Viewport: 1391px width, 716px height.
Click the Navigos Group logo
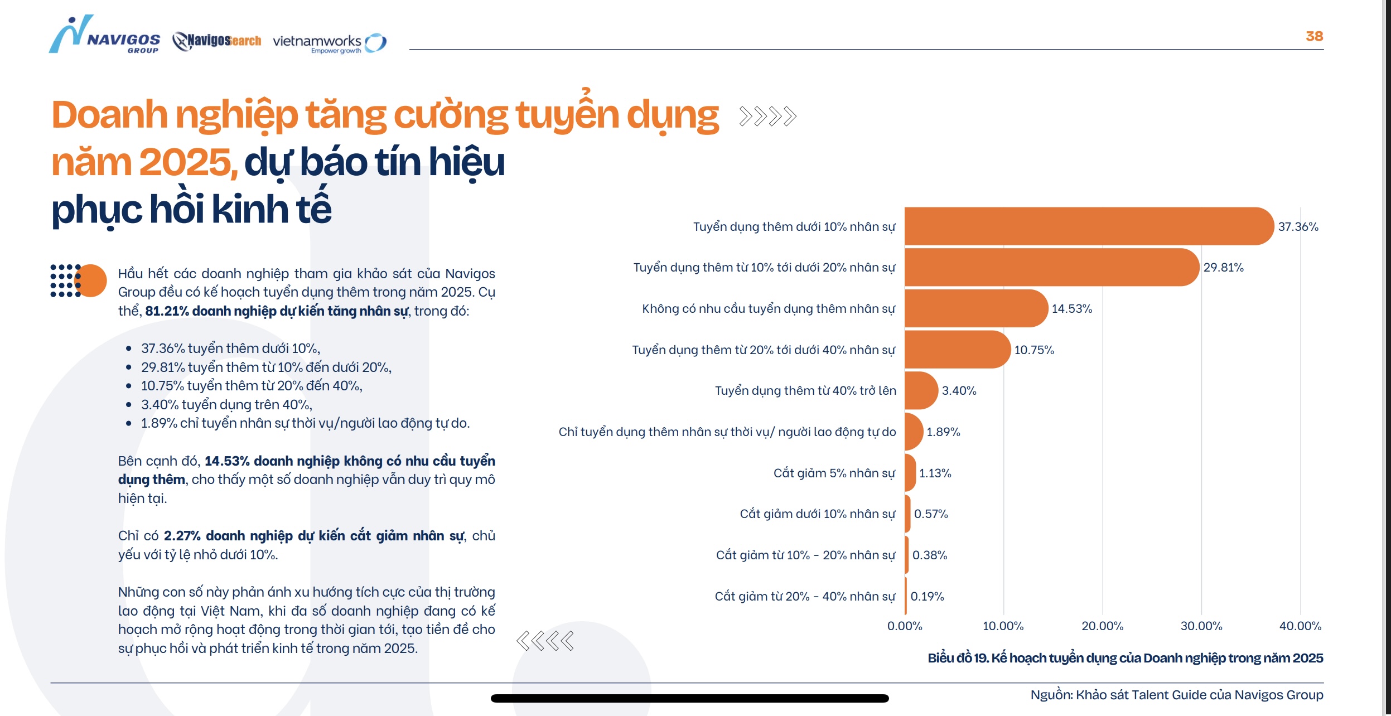coord(105,36)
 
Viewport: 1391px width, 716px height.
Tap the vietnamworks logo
coord(329,43)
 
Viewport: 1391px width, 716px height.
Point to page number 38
coord(1314,36)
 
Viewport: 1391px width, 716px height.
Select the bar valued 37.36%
coord(1088,226)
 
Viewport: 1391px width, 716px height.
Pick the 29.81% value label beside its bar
coord(1223,268)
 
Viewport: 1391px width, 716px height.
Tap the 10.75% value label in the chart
coord(1033,350)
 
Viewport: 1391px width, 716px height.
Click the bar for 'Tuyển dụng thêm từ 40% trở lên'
coord(920,390)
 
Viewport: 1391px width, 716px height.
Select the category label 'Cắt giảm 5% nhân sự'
coord(833,473)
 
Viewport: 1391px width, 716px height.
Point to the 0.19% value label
coord(927,597)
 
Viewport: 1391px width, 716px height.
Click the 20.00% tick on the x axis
coord(1102,626)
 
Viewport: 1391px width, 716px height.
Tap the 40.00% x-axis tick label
coord(1300,626)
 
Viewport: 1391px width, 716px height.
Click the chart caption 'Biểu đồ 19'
coord(1124,659)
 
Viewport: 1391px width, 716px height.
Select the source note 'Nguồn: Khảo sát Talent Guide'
coord(1176,695)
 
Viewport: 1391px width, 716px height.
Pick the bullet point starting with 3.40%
coord(226,405)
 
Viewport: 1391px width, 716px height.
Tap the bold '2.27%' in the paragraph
coord(182,536)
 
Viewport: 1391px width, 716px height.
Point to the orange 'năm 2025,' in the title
coord(144,162)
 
